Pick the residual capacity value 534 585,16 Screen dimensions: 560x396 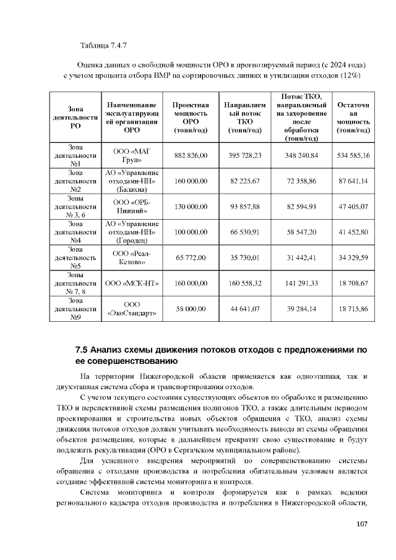(352, 155)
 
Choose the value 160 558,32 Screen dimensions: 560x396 (245, 283)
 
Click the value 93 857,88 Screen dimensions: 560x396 (245, 206)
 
